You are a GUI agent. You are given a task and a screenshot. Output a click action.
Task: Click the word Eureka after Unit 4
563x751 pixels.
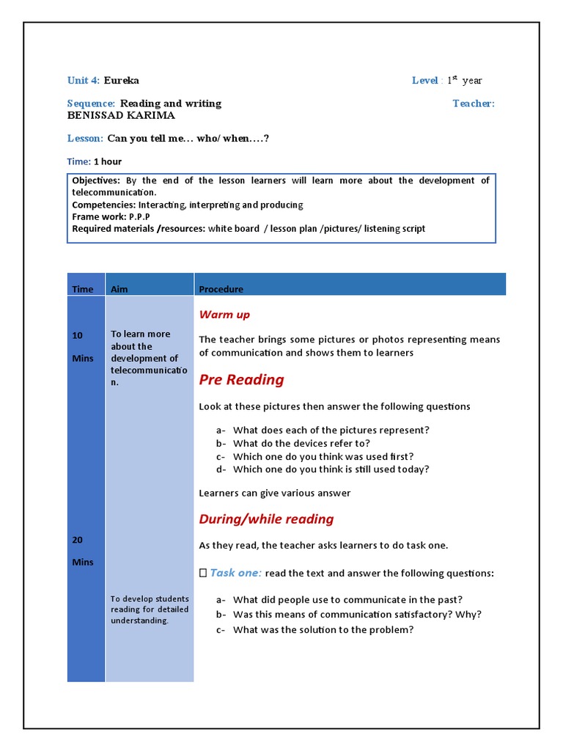pos(121,81)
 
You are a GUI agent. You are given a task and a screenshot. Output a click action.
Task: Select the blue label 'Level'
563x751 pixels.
pos(424,81)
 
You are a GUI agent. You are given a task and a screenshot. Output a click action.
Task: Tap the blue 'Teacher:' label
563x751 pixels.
pos(473,103)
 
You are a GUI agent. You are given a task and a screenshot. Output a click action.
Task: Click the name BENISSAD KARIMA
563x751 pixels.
pos(121,115)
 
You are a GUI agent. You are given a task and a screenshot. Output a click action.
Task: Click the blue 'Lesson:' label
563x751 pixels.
pos(85,138)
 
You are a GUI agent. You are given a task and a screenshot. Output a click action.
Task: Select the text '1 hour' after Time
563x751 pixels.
pos(108,161)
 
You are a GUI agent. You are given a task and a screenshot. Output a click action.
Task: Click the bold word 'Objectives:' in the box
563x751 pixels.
pos(96,180)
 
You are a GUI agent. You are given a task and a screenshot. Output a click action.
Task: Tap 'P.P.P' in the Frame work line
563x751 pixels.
pos(137,217)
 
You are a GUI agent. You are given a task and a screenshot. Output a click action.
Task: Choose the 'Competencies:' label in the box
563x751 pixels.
pos(103,205)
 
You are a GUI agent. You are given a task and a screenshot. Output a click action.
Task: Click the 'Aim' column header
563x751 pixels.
pos(119,289)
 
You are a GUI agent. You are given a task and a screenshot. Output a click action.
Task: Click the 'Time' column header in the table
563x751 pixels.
pos(83,289)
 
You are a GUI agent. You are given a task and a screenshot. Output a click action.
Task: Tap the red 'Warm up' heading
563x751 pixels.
pos(224,315)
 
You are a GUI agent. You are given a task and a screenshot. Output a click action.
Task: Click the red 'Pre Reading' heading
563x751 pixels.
pos(241,379)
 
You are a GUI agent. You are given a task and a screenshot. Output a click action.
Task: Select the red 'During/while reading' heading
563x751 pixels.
pos(266,519)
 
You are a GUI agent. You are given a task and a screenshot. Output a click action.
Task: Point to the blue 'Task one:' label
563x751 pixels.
pos(235,573)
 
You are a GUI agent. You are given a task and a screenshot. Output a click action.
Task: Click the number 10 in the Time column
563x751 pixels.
pos(77,335)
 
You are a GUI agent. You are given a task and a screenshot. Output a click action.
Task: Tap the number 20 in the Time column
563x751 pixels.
pos(77,540)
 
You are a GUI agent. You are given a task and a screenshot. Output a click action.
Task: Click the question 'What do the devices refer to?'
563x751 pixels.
pos(301,443)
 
